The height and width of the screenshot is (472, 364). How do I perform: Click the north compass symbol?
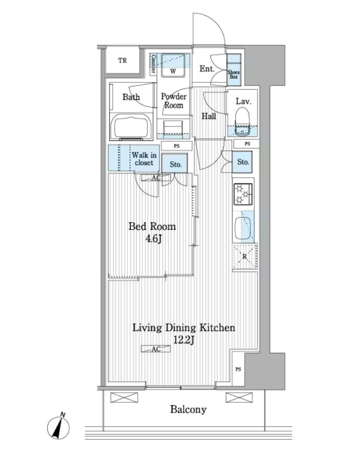[x=58, y=427]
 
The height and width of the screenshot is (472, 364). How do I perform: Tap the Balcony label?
[x=188, y=410]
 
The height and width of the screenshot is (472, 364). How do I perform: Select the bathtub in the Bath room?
[x=131, y=127]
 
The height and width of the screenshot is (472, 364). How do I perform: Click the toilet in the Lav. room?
[x=243, y=121]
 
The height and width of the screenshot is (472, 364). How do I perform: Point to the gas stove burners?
[x=243, y=193]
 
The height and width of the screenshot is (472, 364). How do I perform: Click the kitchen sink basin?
[x=243, y=228]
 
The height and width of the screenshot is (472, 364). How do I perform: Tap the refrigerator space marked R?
[x=245, y=256]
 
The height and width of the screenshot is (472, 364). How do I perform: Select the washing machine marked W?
[x=173, y=66]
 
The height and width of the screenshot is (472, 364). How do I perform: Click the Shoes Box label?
[x=233, y=74]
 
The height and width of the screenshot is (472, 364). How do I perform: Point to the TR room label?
[x=122, y=60]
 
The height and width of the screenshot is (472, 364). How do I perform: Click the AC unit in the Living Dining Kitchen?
[x=156, y=349]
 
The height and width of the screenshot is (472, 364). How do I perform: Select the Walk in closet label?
[x=144, y=159]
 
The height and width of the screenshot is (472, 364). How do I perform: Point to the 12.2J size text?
[x=183, y=340]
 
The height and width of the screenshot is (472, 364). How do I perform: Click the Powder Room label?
[x=174, y=101]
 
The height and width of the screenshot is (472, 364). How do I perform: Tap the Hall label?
[x=209, y=116]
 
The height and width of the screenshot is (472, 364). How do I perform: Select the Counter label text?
[x=153, y=64]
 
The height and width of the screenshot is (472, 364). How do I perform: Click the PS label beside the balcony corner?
[x=238, y=369]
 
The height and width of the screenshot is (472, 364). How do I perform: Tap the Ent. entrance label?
[x=207, y=69]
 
